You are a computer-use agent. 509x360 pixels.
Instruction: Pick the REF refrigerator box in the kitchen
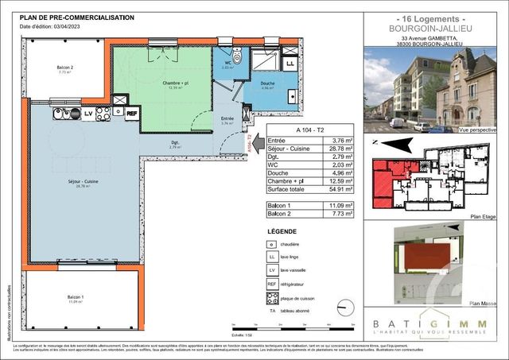pos(131,113)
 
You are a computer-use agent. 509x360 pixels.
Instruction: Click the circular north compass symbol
pos(344,306)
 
